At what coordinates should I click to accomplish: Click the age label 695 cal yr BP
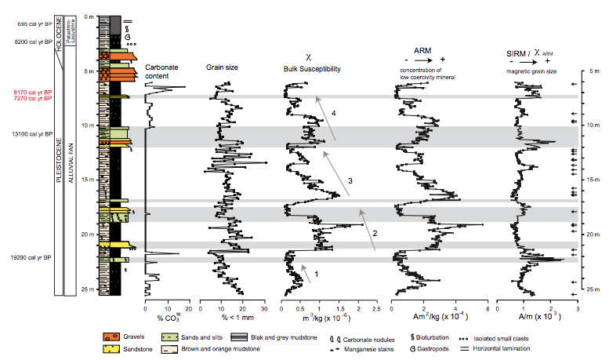coord(27,24)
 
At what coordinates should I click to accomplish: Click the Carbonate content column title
coord(162,71)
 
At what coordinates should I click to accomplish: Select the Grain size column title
coord(222,68)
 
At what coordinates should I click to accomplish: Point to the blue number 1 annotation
coord(316,273)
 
